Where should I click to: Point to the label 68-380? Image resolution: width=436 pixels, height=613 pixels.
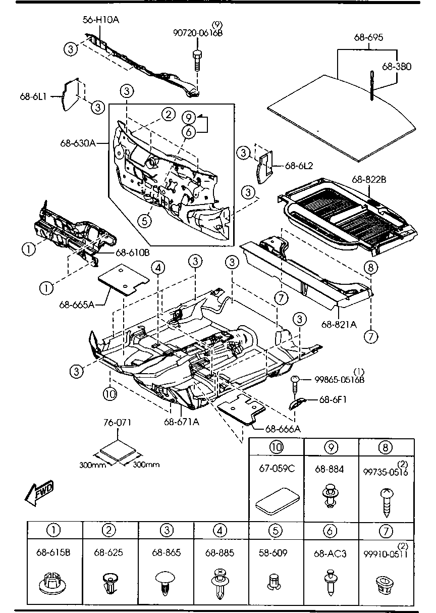(397, 66)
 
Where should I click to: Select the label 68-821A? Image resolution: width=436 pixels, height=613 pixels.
(338, 324)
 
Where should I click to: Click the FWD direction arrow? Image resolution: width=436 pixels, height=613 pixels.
(38, 493)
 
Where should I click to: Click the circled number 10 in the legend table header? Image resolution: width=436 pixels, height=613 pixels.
(276, 447)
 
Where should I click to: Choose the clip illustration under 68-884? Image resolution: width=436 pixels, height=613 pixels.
(331, 496)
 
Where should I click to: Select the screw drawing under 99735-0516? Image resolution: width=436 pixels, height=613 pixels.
(386, 501)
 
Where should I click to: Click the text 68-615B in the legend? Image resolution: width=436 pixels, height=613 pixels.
(53, 553)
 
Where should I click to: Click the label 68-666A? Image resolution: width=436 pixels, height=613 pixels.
(283, 429)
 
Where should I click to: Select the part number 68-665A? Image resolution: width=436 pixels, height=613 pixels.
(76, 304)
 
